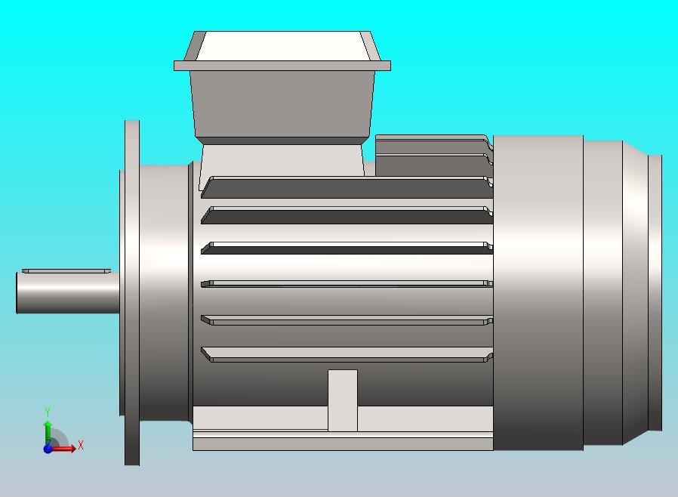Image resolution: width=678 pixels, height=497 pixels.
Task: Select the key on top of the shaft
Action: pos(66,270)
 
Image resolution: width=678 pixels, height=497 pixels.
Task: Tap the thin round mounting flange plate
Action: pos(132,292)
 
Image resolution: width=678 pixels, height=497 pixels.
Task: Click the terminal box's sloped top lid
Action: pos(283,46)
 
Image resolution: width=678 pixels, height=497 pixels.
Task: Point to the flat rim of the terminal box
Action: pos(282,66)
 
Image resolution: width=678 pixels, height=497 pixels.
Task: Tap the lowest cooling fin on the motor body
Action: pos(347,353)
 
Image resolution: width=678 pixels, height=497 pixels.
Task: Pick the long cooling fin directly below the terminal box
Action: pos(347,187)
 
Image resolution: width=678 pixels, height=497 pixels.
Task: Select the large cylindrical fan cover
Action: pos(538,292)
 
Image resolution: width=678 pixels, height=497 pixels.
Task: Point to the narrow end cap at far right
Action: pos(655,292)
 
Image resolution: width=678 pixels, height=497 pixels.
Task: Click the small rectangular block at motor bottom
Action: pos(343,400)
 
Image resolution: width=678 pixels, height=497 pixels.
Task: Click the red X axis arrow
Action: pos(66,449)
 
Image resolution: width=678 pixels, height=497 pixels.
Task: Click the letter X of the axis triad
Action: pos(80,445)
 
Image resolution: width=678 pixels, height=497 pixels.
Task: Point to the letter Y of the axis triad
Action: pos(48,412)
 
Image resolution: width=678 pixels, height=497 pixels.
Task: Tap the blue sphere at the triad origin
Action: pos(48,449)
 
